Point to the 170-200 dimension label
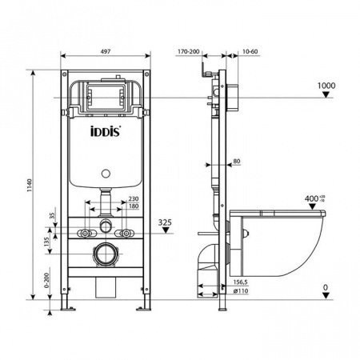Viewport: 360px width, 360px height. [188, 52]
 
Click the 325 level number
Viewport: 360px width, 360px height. [166, 222]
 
